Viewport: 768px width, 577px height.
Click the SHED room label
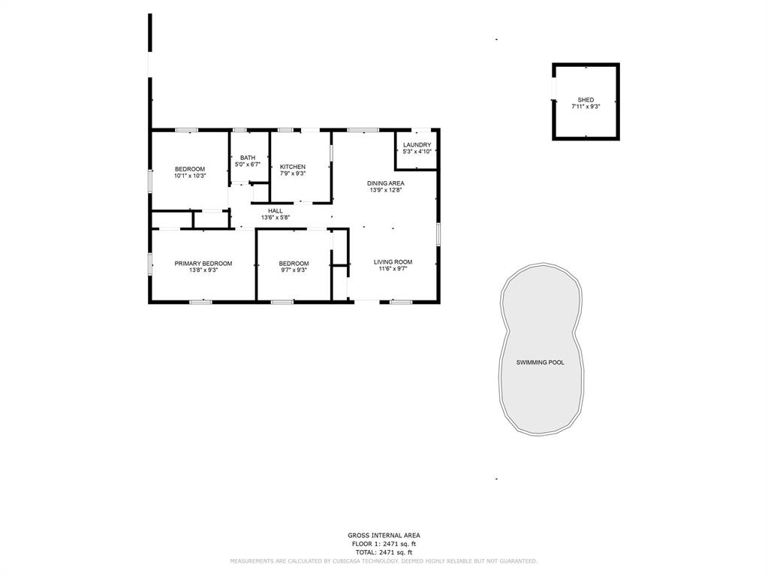pyautogui.click(x=586, y=100)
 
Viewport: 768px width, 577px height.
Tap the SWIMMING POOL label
pyautogui.click(x=541, y=363)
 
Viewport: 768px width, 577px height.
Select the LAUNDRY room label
pyautogui.click(x=417, y=145)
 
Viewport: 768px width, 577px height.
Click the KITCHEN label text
pyautogui.click(x=293, y=168)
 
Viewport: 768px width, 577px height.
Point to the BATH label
pyautogui.click(x=248, y=158)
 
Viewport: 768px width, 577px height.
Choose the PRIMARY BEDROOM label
pyautogui.click(x=203, y=264)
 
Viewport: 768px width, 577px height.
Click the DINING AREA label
pyautogui.click(x=386, y=184)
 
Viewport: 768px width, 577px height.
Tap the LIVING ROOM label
pyautogui.click(x=393, y=262)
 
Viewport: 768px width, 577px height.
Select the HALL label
pyautogui.click(x=276, y=211)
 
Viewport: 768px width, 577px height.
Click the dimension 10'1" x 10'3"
pyautogui.click(x=190, y=176)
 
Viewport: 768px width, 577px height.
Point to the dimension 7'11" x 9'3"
pyautogui.click(x=586, y=107)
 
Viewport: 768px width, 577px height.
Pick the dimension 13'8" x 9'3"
pyautogui.click(x=203, y=270)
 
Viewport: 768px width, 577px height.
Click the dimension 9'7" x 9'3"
pyautogui.click(x=294, y=270)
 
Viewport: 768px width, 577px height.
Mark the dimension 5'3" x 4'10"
pyautogui.click(x=417, y=152)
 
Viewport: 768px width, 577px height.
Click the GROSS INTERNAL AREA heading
pyautogui.click(x=384, y=536)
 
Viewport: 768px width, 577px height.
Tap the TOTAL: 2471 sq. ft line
pyautogui.click(x=384, y=552)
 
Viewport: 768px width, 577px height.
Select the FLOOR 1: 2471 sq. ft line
pyautogui.click(x=384, y=544)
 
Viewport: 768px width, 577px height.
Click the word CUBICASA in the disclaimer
pyautogui.click(x=341, y=561)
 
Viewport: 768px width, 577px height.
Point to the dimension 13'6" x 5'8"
pyautogui.click(x=276, y=218)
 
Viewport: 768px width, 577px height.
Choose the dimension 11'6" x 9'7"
pyautogui.click(x=393, y=269)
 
